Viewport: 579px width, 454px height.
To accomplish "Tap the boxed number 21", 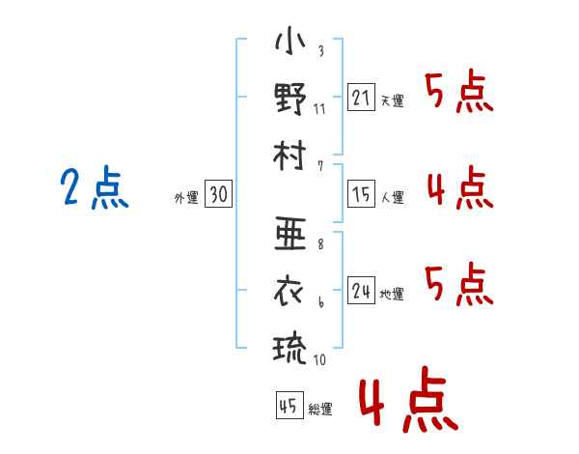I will click(361, 99).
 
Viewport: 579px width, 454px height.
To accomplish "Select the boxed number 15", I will click(361, 195).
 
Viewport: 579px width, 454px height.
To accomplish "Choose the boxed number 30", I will click(218, 195).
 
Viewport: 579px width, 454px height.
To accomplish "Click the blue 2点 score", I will click(94, 188).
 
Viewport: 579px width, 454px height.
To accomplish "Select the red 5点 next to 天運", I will click(458, 94).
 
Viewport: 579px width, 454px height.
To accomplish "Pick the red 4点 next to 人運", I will click(458, 187).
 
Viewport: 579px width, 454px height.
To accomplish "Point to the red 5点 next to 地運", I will click(458, 283).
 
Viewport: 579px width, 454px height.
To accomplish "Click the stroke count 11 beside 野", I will click(319, 107).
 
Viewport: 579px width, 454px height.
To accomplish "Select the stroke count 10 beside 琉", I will click(319, 358).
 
